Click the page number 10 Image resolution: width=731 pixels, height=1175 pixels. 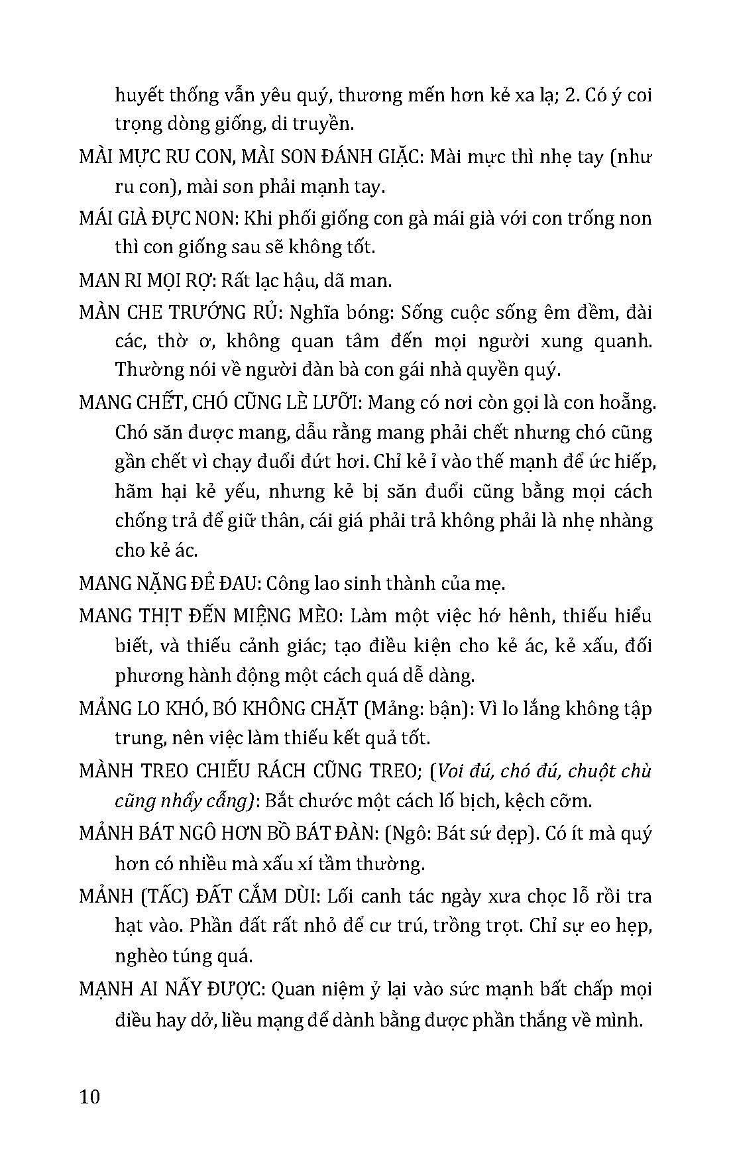pyautogui.click(x=89, y=1096)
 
